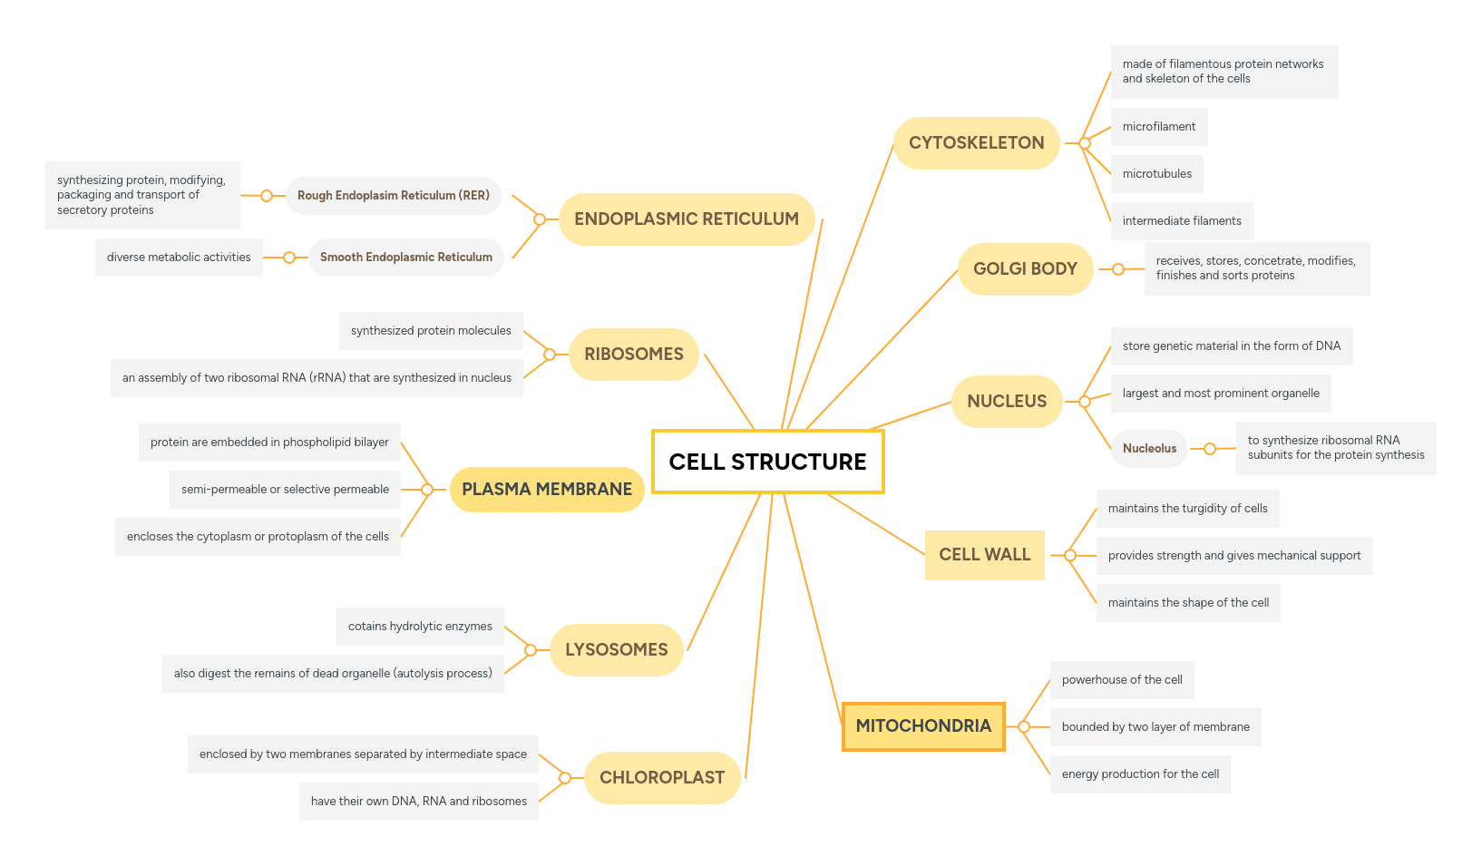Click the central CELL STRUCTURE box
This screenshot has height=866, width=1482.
pos(767,462)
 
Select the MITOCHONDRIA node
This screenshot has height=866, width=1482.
pos(923,726)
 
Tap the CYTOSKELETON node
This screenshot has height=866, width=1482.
pos(976,143)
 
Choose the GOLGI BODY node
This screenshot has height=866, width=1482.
pos(1025,269)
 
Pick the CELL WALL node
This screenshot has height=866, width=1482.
pos(984,555)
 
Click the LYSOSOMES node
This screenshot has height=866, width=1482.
pos(616,650)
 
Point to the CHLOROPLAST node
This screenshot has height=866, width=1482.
pos(662,778)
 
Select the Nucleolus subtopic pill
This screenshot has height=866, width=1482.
pos(1149,449)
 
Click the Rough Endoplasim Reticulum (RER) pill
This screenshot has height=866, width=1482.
pos(393,196)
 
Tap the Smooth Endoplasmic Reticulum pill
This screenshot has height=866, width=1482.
pos(405,258)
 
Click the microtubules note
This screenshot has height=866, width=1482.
pos(1156,174)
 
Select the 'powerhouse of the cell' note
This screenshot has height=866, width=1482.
pos(1121,680)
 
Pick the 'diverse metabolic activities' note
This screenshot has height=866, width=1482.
pos(179,258)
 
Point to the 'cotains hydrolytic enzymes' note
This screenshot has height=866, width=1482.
pos(420,627)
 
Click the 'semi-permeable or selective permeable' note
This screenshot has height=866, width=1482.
pos(285,490)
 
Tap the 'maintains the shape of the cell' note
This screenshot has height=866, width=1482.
pos(1188,603)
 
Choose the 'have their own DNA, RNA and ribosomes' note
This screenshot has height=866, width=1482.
pos(418,802)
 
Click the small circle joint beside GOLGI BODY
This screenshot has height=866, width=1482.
pos(1118,269)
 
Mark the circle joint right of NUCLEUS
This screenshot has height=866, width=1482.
pos(1085,401)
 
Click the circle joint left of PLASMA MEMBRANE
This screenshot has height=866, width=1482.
pos(427,490)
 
